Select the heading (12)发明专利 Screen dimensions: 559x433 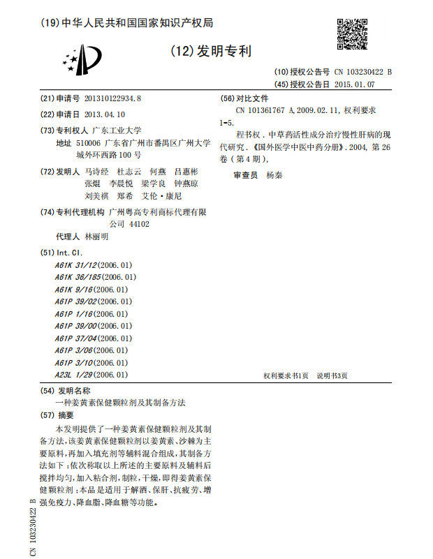point(207,51)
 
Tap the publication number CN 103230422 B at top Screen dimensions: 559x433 point(364,72)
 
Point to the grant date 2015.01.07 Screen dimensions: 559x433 point(354,84)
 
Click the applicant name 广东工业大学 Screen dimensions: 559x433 point(117,130)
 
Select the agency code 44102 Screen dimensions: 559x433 point(139,224)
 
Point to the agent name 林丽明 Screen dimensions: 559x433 point(96,237)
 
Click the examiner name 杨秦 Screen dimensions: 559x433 point(274,176)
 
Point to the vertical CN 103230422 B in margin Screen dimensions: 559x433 point(33,528)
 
